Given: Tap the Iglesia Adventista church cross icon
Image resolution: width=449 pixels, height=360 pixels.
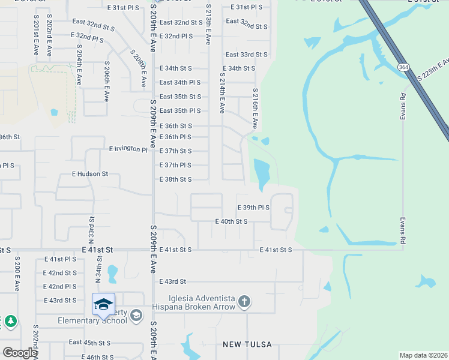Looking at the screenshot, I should coord(244,301).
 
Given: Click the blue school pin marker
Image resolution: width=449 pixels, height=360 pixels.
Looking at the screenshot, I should coord(103,304).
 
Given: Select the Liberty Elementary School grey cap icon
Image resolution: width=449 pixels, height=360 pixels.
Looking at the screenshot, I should coord(136,315).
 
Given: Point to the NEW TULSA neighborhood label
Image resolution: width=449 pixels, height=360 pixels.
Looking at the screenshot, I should coord(247,344).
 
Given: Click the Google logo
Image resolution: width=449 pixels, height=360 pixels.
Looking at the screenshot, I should coord(20,353).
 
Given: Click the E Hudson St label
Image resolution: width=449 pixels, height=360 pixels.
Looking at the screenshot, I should coord(89,174).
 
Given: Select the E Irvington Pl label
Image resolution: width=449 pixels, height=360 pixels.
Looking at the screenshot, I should coord(128,148).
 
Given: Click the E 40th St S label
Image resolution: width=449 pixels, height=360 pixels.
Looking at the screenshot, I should coord(232,221).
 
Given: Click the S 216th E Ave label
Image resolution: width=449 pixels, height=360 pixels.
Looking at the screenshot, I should coord(255,108).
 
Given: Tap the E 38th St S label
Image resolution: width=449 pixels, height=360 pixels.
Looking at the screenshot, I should coord(175,179).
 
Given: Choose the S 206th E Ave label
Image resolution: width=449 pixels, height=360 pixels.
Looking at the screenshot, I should coord(106,80).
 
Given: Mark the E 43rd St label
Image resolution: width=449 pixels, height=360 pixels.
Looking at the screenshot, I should coord(173,281).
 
